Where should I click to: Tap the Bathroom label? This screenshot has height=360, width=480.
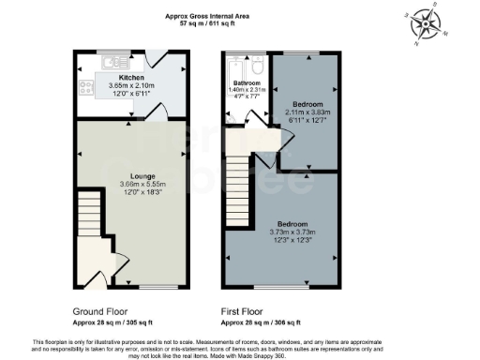point(247,109)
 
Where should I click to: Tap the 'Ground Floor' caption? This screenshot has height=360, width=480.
point(100,310)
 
